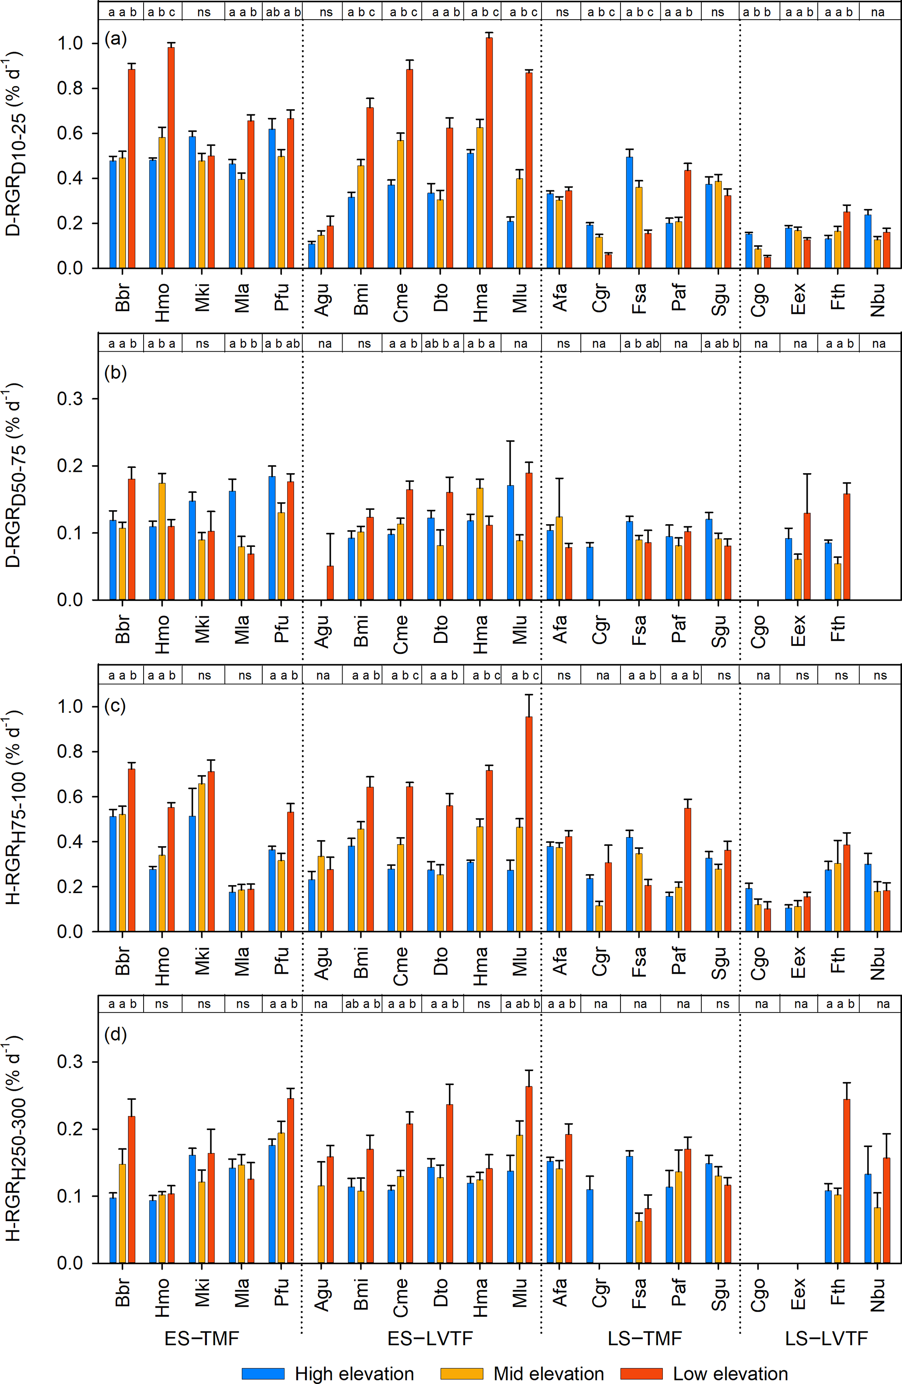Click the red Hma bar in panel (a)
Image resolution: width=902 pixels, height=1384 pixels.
489,152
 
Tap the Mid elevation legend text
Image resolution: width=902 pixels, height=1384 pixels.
549,1373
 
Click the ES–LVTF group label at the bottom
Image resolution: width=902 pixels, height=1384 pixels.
430,1337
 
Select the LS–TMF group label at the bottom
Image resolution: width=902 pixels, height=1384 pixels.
645,1337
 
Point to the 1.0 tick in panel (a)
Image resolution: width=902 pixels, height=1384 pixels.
69,44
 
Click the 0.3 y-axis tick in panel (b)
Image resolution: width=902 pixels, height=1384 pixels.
69,399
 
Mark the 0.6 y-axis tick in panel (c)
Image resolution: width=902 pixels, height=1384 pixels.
69,797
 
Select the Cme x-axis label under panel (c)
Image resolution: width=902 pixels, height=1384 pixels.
400,966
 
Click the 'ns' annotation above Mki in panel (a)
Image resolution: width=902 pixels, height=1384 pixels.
203,12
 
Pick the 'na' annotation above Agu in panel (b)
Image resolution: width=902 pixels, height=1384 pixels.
325,343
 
